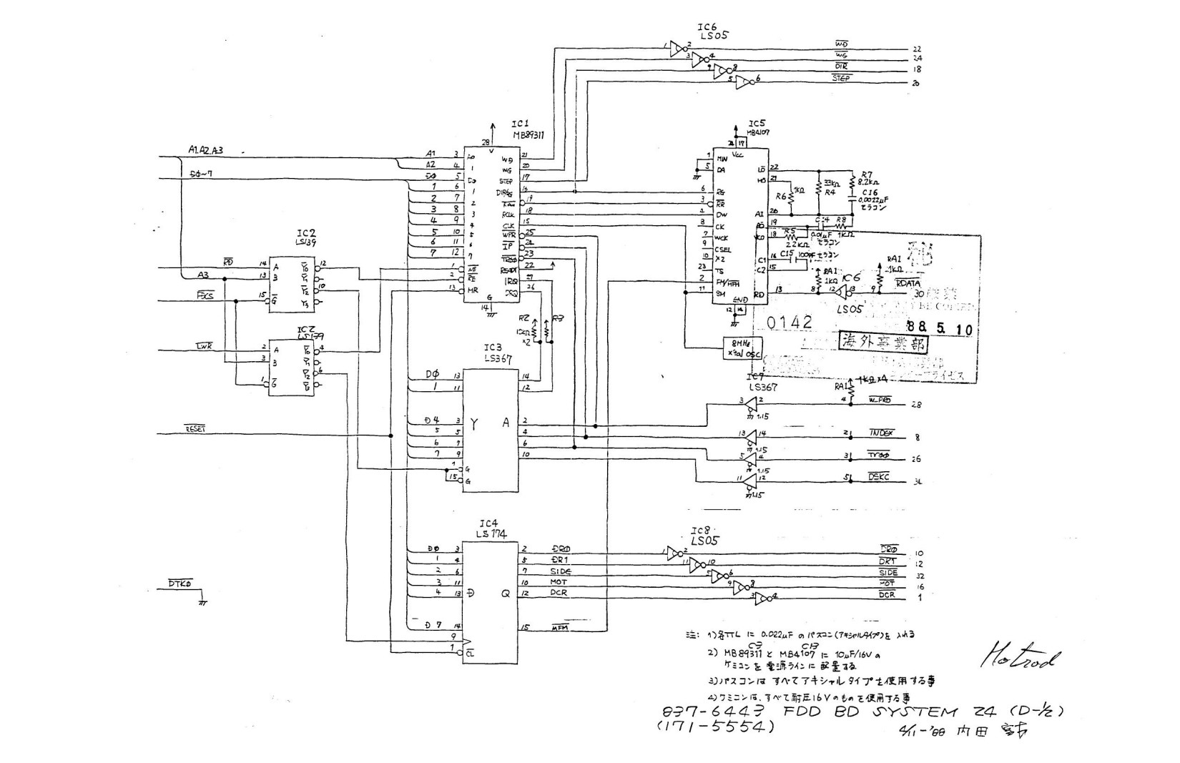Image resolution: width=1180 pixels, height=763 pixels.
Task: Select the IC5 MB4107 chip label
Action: [757, 127]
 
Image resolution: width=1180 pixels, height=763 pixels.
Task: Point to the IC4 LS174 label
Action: [489, 528]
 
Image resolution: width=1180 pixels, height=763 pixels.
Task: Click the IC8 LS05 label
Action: [704, 537]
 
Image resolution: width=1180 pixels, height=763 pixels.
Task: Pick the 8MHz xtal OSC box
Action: [742, 348]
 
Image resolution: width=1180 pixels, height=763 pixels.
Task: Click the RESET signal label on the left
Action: [195, 429]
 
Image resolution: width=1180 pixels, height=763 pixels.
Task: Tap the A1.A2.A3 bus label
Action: [206, 150]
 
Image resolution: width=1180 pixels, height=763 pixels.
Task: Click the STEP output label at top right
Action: [842, 79]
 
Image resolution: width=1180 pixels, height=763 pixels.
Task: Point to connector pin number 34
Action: [918, 482]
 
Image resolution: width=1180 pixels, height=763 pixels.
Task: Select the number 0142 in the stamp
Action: [790, 323]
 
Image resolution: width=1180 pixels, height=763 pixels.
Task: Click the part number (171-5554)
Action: [715, 727]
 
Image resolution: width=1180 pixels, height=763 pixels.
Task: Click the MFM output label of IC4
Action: [560, 629]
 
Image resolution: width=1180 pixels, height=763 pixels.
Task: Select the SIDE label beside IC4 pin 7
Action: [561, 572]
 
